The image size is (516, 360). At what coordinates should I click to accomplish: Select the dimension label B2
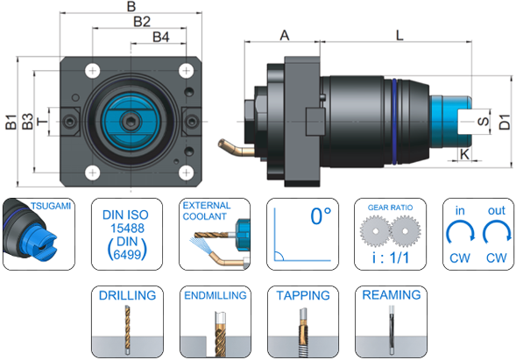[x=142, y=21]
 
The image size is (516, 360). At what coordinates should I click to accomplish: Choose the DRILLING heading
[x=128, y=295]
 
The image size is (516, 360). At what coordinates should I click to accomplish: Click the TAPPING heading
[x=303, y=295]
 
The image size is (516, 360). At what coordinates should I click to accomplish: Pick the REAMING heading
[x=392, y=295]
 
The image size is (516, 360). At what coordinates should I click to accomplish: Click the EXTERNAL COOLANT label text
[x=206, y=208]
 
